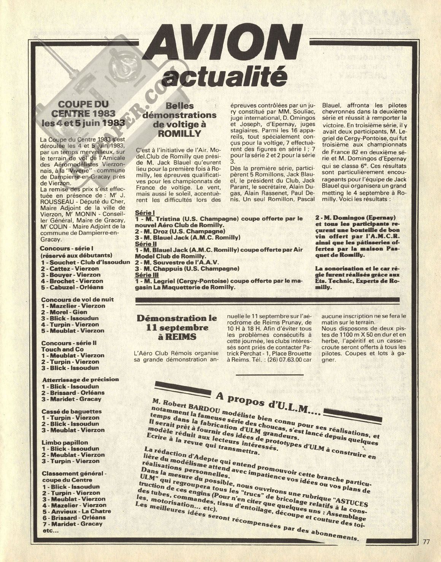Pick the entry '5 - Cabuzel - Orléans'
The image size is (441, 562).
[73, 287]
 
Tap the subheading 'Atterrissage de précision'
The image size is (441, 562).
[80, 379]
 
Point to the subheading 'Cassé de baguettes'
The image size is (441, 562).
[71, 411]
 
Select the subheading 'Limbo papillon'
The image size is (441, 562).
[65, 442]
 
